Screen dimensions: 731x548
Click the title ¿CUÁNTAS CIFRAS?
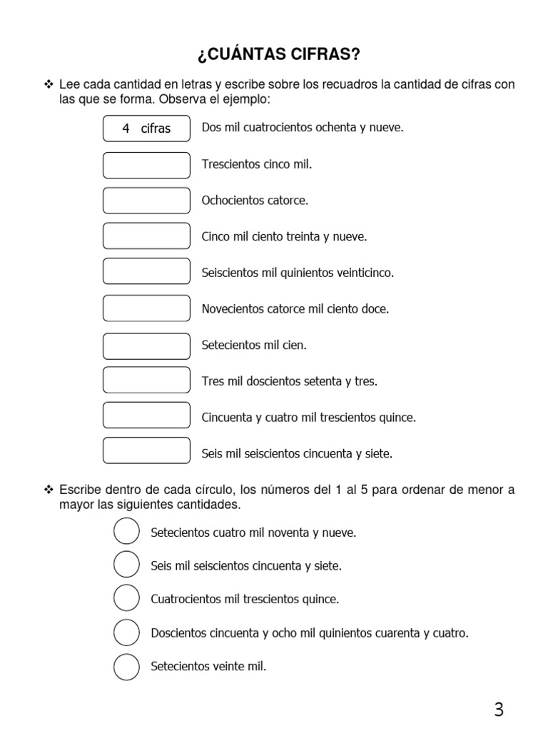point(274,55)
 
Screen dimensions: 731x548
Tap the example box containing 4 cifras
point(146,128)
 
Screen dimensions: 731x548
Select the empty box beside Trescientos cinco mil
point(146,165)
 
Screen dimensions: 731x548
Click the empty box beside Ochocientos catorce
point(146,201)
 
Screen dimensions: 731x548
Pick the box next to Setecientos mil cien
point(146,346)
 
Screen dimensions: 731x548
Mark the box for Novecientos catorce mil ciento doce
point(146,309)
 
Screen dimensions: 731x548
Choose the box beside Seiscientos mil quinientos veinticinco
point(146,273)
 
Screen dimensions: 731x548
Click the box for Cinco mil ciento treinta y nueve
point(146,236)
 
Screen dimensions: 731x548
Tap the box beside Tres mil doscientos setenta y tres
point(146,381)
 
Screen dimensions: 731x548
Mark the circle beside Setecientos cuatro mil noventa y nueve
point(126,533)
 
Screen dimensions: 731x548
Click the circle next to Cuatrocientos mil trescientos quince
point(126,599)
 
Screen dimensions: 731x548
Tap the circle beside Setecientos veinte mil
point(126,666)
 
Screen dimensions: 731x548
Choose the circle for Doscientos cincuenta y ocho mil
point(126,632)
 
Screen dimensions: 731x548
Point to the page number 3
point(499,710)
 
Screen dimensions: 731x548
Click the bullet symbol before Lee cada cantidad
point(49,85)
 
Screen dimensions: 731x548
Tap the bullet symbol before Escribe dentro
point(49,490)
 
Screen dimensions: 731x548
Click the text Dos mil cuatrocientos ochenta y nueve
point(303,128)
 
